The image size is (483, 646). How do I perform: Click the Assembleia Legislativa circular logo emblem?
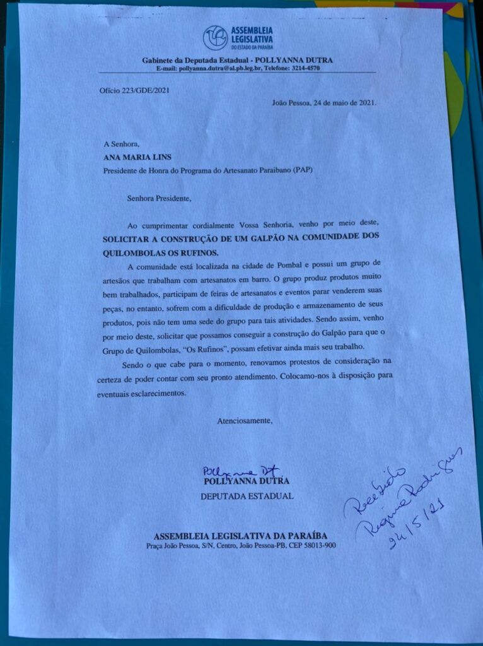point(215,38)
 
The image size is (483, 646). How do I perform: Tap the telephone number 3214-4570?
point(306,68)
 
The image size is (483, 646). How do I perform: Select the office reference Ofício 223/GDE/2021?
point(134,90)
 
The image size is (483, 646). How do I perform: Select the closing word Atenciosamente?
point(245,420)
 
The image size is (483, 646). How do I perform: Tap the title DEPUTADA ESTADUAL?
point(247,496)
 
